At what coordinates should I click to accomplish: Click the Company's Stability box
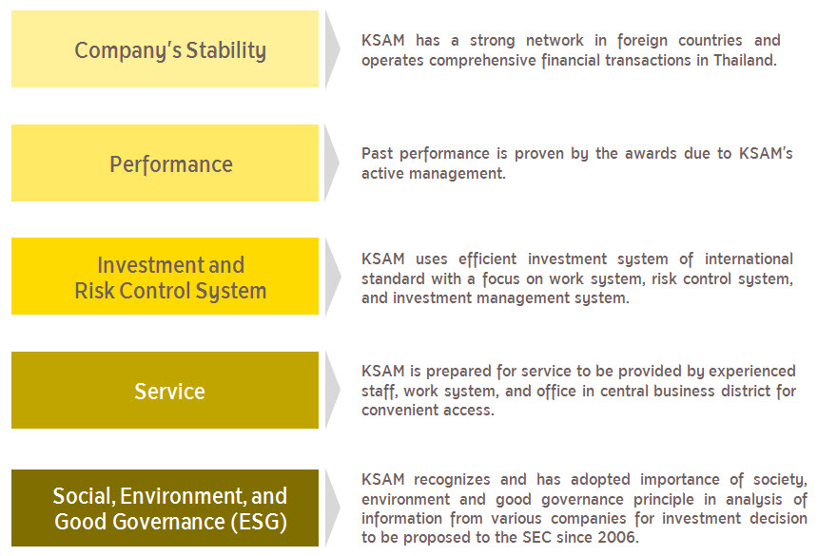[x=165, y=49]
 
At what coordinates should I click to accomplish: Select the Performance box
[x=165, y=163]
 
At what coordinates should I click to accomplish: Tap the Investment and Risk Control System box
[x=165, y=277]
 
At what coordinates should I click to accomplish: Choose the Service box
[x=165, y=391]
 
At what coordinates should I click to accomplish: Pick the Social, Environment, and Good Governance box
[x=165, y=508]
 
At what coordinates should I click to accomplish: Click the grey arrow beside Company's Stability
[x=332, y=49]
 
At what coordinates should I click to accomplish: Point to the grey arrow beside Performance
[x=332, y=163]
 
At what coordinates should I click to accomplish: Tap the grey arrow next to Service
[x=332, y=391]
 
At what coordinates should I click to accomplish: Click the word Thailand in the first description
[x=745, y=61]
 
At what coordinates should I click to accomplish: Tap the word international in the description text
[x=749, y=259]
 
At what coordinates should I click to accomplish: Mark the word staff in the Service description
[x=380, y=392]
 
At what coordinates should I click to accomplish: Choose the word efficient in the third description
[x=487, y=259]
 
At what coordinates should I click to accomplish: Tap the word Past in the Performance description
[x=378, y=154]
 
